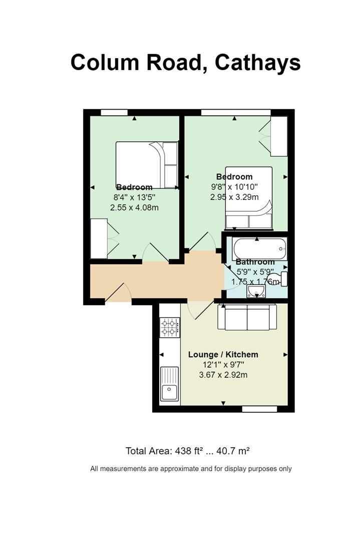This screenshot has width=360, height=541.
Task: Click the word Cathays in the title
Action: (257, 63)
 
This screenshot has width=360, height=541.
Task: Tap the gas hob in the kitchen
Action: (170, 328)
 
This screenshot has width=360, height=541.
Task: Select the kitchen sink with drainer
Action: (170, 384)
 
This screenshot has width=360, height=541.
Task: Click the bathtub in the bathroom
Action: (259, 248)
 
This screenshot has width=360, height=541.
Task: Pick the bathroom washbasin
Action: (256, 291)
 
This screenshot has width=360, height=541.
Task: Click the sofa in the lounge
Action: (247, 317)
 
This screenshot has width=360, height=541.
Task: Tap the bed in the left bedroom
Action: (147, 165)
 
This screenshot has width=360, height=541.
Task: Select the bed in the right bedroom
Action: (249, 198)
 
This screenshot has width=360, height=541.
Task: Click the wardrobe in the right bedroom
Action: (278, 136)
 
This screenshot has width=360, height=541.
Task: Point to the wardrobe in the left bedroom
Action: (99, 238)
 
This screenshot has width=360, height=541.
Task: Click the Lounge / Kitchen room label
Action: (223, 354)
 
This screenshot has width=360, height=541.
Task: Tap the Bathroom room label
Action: (255, 262)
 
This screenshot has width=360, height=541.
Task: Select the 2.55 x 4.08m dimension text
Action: (135, 208)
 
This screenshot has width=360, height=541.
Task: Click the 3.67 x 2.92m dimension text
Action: (223, 375)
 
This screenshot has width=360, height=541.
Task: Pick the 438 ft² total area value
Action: (189, 451)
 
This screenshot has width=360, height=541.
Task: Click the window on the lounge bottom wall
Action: (259, 409)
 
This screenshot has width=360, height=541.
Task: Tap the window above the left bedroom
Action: (114, 113)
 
